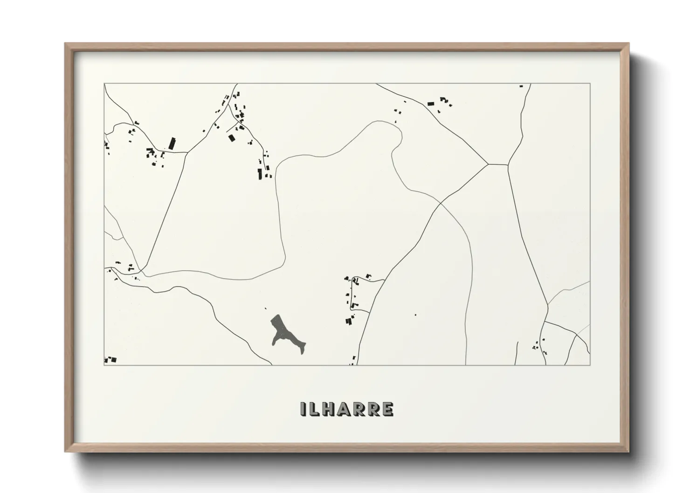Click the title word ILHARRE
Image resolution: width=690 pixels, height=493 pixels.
[x=347, y=409]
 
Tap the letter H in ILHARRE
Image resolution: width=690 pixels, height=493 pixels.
[x=329, y=409]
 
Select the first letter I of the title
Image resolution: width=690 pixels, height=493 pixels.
[x=304, y=409]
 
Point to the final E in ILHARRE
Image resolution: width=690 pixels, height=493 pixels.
[x=387, y=409]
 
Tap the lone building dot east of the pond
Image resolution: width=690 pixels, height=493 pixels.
[x=415, y=315]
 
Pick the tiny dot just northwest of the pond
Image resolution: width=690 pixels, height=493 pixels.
[x=265, y=308]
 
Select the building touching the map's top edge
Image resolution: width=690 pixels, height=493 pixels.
[x=521, y=86]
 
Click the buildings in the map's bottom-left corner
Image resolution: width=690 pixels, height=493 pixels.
[x=110, y=360]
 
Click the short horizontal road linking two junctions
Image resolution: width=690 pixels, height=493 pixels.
[x=498, y=164]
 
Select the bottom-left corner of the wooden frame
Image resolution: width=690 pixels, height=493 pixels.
[x=66, y=451]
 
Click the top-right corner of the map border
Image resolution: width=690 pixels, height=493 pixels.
[x=590, y=83]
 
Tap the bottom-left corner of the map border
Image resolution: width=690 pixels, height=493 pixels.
[x=104, y=365]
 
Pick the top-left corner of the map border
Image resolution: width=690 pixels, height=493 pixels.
[x=104, y=83]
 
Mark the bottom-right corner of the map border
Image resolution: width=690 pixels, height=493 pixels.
[x=590, y=365]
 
